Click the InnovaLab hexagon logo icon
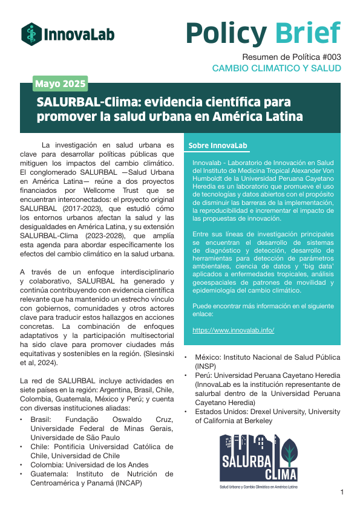[31, 33]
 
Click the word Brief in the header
[308, 33]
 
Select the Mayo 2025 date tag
[60, 83]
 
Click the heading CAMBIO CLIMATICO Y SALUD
[276, 68]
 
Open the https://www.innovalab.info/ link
[234, 330]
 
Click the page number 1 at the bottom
[342, 493]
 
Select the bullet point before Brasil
[22, 419]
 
